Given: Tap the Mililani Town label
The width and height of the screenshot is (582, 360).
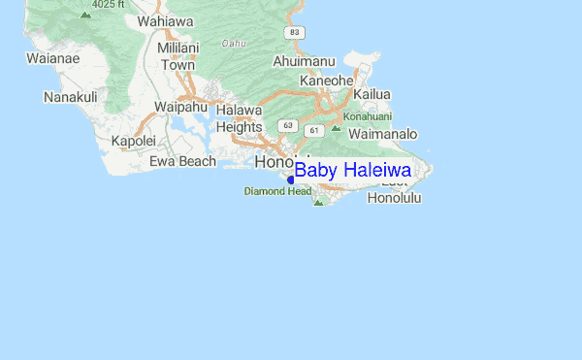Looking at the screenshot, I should (178, 56).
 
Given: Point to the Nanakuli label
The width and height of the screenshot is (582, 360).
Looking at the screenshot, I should (70, 97).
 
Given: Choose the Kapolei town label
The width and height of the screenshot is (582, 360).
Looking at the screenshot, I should (133, 141).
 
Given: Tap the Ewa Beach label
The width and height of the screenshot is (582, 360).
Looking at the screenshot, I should (182, 161).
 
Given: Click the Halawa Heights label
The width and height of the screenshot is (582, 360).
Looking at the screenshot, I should (239, 118).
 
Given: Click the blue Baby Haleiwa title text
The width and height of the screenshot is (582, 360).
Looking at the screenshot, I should (352, 171).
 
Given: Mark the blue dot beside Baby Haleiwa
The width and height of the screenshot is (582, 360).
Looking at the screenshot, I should (291, 180).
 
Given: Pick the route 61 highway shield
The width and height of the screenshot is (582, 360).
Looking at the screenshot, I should (313, 129).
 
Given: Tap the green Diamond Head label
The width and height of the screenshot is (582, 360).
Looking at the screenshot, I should (276, 191).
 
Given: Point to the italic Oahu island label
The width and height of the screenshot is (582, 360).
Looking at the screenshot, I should (233, 43).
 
